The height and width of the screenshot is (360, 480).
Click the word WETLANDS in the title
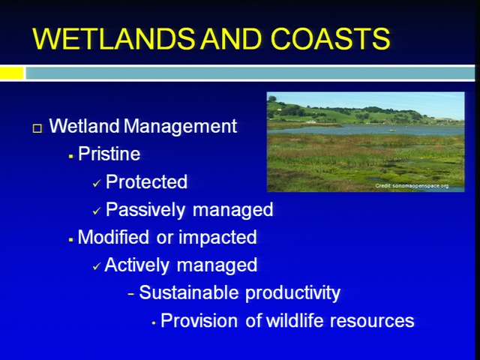coord(113,39)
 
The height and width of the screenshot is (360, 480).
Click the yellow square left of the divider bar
coord(12,73)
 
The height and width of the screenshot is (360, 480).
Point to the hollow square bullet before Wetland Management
coord(37,128)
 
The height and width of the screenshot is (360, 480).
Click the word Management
coord(180,127)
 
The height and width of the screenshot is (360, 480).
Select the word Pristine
coord(109,154)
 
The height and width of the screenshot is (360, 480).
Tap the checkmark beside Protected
coord(97,183)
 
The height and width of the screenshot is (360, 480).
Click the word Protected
coord(146,181)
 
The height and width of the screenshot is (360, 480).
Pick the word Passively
coord(145,210)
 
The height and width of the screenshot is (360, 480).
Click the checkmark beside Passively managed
coord(97,211)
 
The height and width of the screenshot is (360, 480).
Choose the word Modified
coord(113,237)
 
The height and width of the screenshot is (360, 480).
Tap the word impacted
coord(217,238)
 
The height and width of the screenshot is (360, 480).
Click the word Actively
coord(136,265)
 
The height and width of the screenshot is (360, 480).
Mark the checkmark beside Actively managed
coord(97,267)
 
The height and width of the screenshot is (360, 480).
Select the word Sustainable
coord(188,292)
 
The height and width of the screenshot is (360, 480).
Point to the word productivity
coord(292,293)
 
